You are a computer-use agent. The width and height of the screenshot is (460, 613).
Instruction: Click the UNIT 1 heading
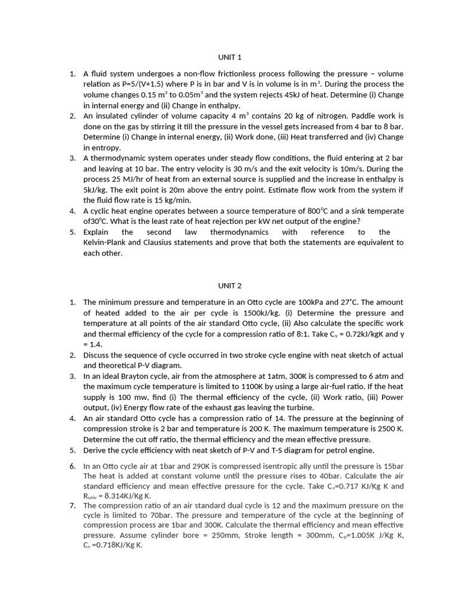pyautogui.click(x=229, y=57)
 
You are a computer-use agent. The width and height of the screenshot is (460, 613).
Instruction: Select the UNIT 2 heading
pyautogui.click(x=229, y=286)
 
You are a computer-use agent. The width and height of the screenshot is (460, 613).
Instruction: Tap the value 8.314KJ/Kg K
pyautogui.click(x=126, y=496)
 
